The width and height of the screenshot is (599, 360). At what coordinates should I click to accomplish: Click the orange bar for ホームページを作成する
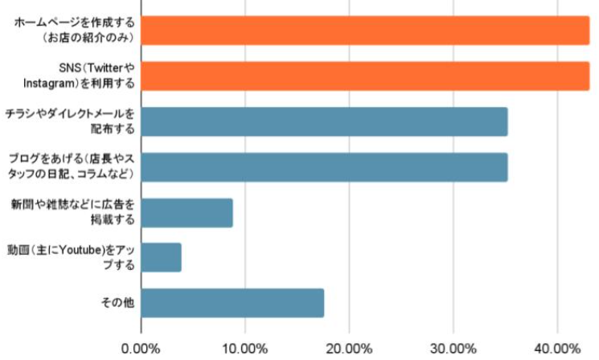point(365,30)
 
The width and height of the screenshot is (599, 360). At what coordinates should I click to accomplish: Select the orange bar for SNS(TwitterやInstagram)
point(365,76)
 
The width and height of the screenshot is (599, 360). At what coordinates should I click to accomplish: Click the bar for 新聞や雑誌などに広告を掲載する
point(187,212)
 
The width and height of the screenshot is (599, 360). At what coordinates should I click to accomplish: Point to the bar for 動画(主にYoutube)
point(161,257)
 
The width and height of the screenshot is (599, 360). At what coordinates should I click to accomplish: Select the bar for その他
point(232,303)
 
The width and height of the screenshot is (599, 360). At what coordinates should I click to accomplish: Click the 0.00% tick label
point(141,348)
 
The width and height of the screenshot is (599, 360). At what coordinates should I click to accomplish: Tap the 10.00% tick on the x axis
point(244,348)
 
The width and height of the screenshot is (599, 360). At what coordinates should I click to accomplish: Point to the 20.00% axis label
point(348,348)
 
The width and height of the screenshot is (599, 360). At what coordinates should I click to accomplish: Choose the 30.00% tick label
point(452,348)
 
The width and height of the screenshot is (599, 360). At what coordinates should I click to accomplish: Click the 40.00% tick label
point(556,348)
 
